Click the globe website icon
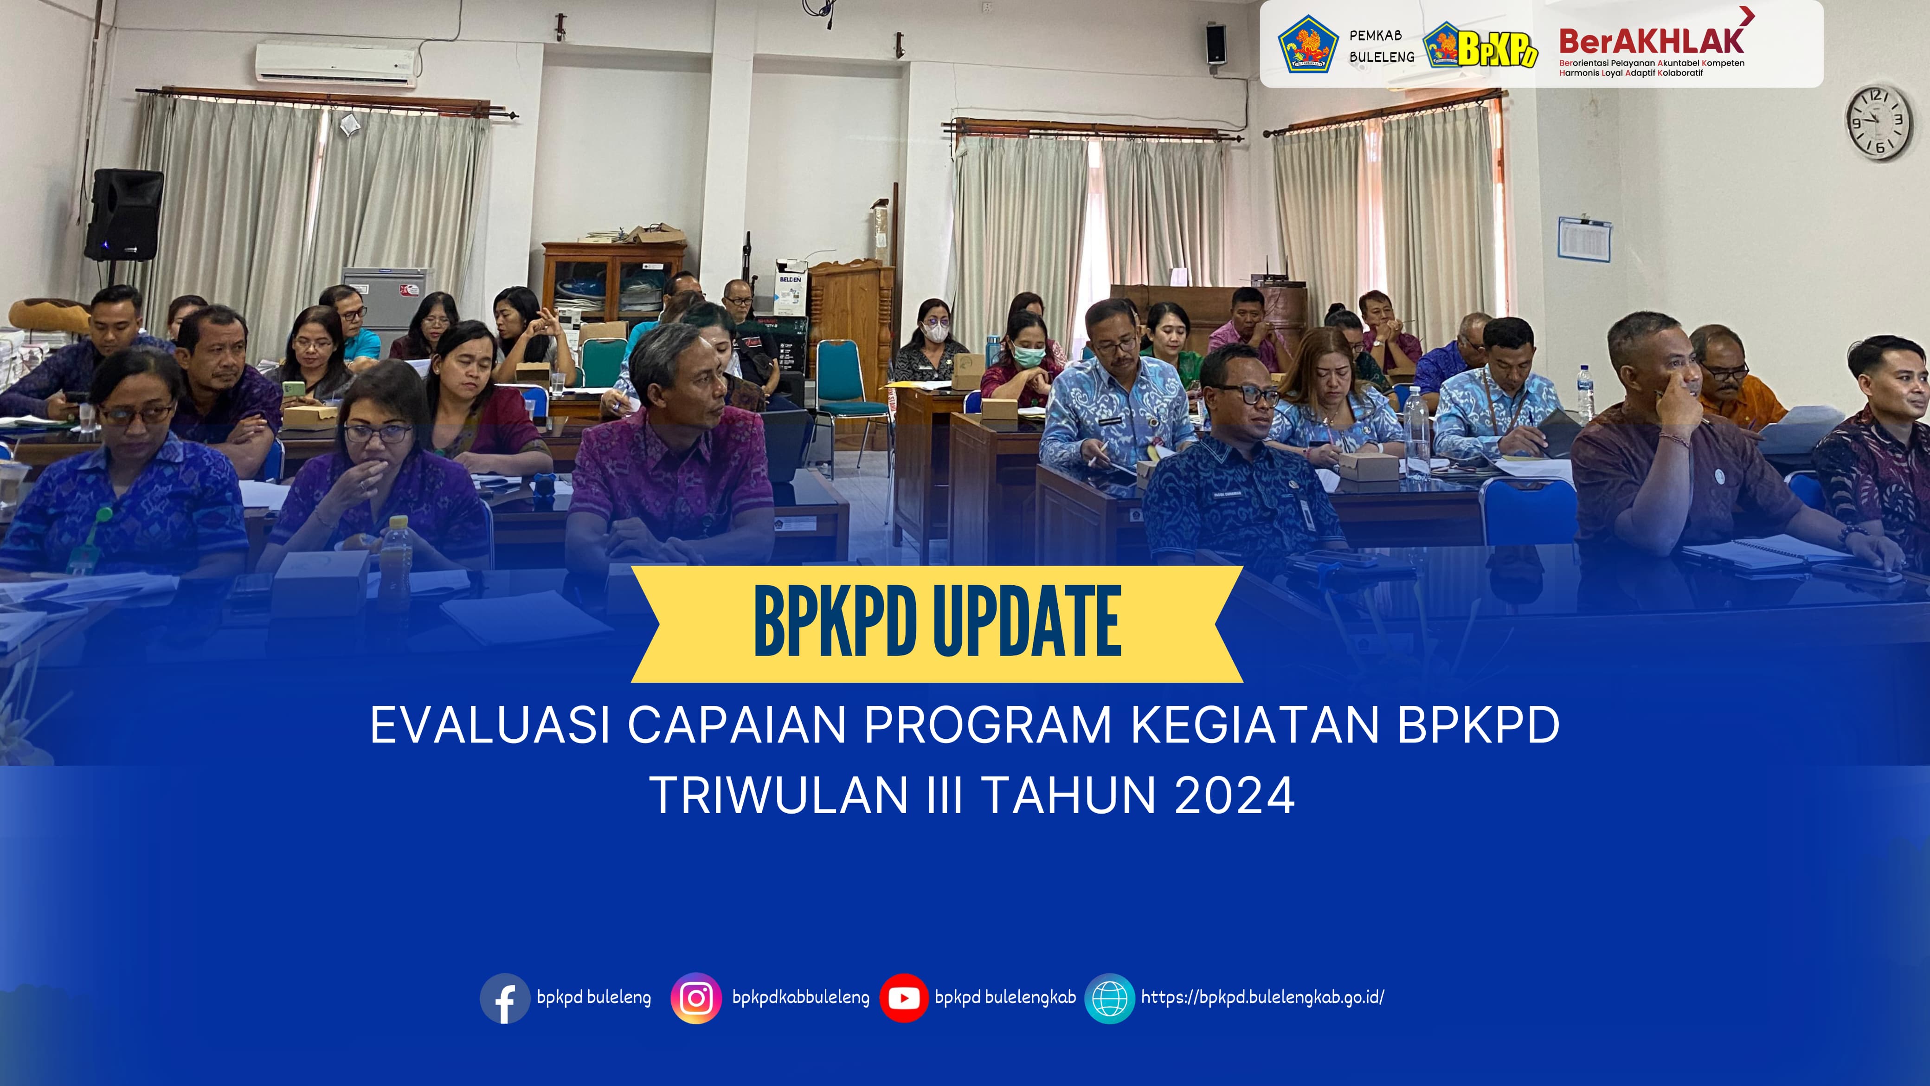(1110, 998)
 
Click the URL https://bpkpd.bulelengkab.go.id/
(1262, 997)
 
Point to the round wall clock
(1878, 122)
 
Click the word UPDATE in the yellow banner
(1028, 622)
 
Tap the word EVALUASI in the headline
(490, 725)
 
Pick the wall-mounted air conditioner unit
(335, 64)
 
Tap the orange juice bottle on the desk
(396, 562)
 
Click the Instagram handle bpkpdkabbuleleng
(801, 997)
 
